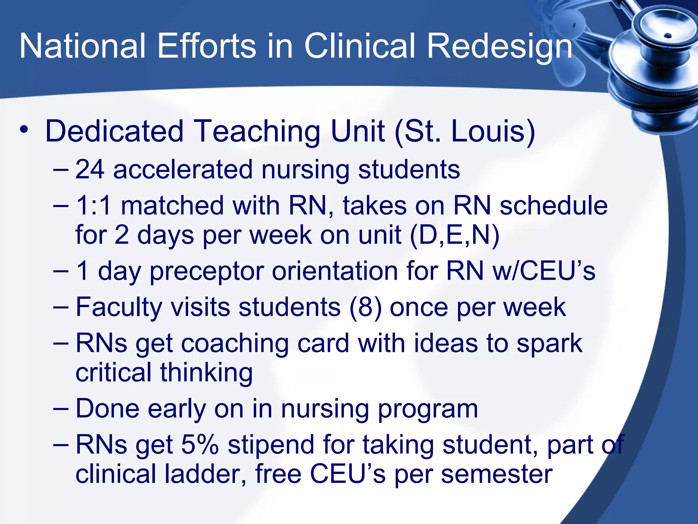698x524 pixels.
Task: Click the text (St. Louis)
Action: coord(465,131)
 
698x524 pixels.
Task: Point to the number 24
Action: coord(90,169)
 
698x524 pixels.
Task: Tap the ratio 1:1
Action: coord(93,205)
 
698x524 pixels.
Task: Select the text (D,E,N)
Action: coord(455,235)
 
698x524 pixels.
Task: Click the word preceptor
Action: coord(207,272)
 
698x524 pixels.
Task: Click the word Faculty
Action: coord(119,307)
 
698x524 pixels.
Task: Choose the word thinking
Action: coord(207,373)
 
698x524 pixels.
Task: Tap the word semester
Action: coord(497,474)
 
